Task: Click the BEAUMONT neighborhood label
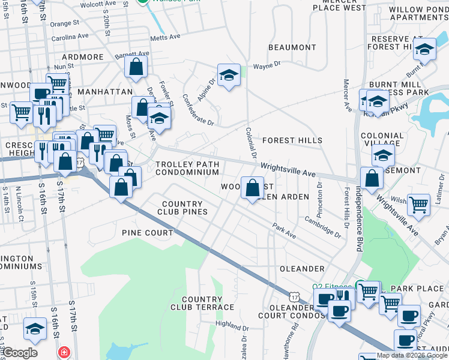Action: (292, 47)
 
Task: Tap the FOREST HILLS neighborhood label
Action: (292, 140)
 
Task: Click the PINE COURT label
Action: (147, 232)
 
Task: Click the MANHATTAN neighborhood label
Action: (104, 92)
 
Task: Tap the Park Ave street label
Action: (284, 231)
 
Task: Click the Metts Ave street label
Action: (166, 37)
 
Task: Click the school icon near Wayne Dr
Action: (229, 75)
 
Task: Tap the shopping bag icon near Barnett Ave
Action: (136, 67)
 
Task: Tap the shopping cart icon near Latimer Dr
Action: (418, 203)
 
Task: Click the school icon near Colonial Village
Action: (383, 155)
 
